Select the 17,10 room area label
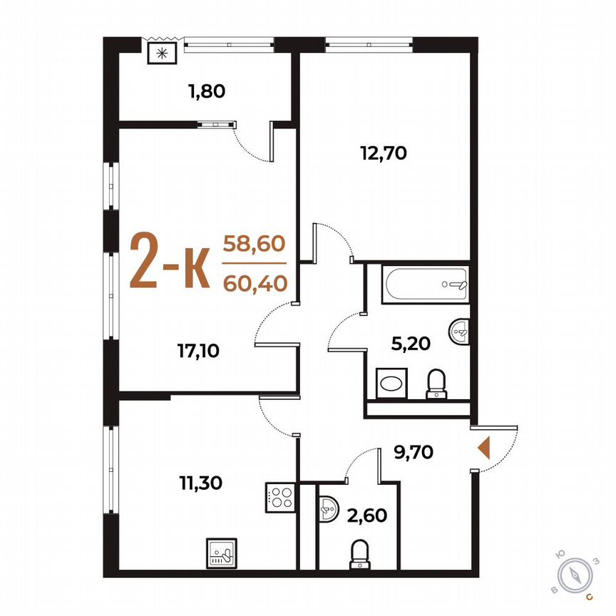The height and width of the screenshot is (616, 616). point(198,349)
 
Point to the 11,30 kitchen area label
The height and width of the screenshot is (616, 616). point(201,483)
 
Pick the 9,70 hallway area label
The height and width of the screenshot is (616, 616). point(414,451)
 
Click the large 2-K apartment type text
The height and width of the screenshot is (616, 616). point(169,261)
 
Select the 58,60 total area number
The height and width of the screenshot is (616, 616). point(255,242)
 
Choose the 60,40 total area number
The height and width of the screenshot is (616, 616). point(255,284)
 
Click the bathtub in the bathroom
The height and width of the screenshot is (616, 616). point(423,284)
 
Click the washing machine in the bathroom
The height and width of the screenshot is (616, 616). point(391,383)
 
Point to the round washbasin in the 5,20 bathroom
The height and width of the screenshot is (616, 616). point(461,331)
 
